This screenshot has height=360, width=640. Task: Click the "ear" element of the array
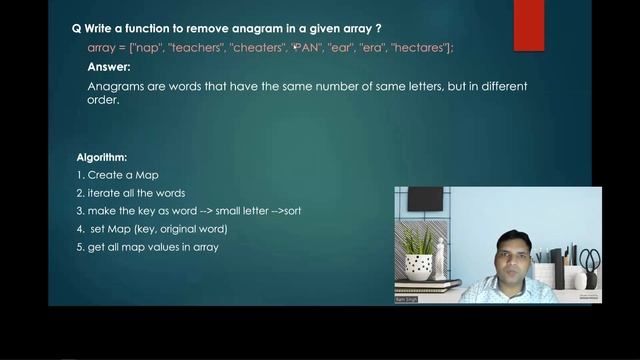click(x=343, y=48)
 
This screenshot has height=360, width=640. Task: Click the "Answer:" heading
click(x=109, y=67)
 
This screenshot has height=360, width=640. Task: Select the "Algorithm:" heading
click(x=101, y=158)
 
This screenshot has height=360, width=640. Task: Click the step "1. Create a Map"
click(x=117, y=175)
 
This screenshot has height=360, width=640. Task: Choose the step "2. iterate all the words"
click(x=131, y=193)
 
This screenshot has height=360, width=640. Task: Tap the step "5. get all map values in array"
click(x=147, y=247)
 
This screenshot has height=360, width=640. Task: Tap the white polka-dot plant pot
click(x=419, y=267)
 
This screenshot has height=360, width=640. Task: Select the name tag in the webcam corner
click(x=407, y=298)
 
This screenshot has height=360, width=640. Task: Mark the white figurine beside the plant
click(x=441, y=259)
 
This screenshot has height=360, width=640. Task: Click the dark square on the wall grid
click(x=425, y=199)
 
